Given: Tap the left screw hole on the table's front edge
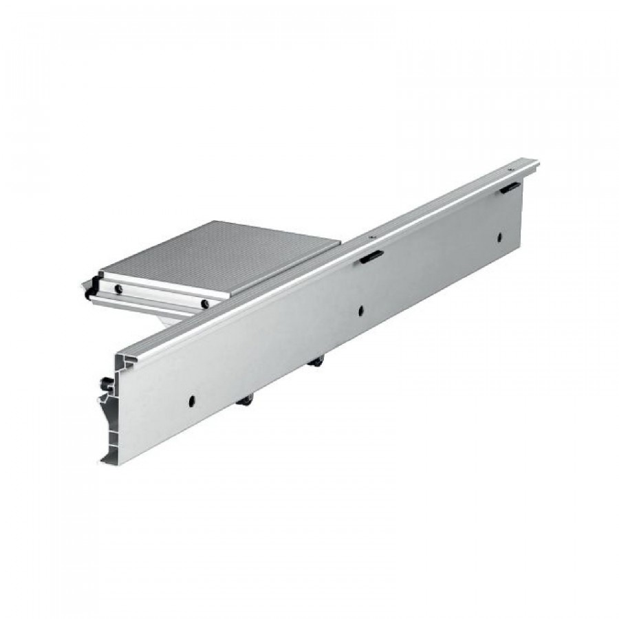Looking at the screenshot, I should tap(119, 288).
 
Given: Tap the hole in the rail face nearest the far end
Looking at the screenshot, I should tap(500, 238).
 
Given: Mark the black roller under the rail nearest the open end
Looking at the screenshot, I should tap(246, 402).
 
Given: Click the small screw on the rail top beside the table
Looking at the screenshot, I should tap(372, 237).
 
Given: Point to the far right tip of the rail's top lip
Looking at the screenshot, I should tap(537, 162).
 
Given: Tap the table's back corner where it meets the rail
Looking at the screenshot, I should tap(340, 241).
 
